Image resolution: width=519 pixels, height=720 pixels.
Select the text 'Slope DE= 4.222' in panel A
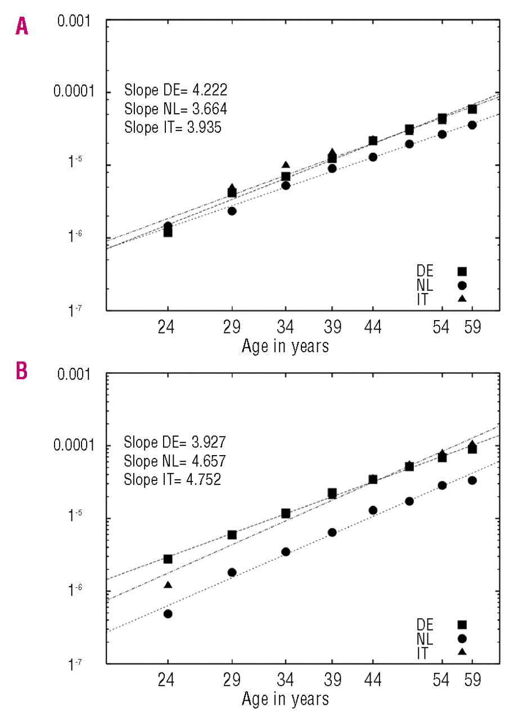pyautogui.click(x=175, y=90)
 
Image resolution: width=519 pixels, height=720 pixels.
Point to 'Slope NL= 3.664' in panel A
pyautogui.click(x=175, y=109)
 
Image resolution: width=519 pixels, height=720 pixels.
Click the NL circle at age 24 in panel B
pyautogui.click(x=168, y=613)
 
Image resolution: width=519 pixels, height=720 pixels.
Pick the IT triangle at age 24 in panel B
pyautogui.click(x=168, y=585)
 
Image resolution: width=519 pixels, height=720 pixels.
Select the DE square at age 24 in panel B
pyautogui.click(x=168, y=559)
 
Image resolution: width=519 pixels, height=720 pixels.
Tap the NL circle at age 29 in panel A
pyautogui.click(x=232, y=211)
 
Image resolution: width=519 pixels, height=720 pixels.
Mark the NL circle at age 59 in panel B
pyautogui.click(x=472, y=480)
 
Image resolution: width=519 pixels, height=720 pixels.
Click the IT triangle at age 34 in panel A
pyautogui.click(x=286, y=165)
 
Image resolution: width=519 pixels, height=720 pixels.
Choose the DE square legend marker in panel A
pyautogui.click(x=462, y=271)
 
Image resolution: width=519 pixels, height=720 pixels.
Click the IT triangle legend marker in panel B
pyautogui.click(x=462, y=652)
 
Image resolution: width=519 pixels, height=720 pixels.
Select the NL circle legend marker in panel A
pyautogui.click(x=462, y=285)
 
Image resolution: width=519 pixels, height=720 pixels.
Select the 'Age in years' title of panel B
pyautogui.click(x=285, y=699)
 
